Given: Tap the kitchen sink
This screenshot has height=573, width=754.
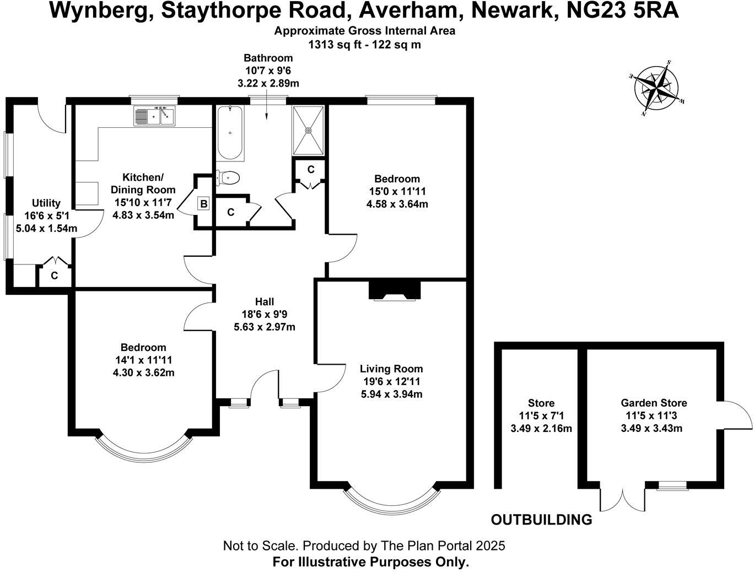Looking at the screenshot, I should click(154, 116).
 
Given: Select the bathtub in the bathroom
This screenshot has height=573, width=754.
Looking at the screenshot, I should click(230, 133).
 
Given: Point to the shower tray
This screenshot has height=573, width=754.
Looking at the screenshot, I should click(309, 130).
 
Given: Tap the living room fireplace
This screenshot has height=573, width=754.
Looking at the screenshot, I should click(394, 290).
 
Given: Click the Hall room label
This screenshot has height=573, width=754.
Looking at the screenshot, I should click(265, 302).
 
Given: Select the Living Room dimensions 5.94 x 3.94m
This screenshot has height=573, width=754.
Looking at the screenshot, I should click(391, 394).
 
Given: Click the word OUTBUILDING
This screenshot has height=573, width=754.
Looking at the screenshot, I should click(541, 520).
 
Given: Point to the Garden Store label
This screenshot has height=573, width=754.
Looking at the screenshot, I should click(654, 403).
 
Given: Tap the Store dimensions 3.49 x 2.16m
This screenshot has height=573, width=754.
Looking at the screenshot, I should click(541, 428).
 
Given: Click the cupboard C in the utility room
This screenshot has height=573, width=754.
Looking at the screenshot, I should click(54, 275).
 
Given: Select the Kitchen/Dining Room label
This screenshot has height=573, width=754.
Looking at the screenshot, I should click(143, 183).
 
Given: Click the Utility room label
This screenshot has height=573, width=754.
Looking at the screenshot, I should click(46, 203).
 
